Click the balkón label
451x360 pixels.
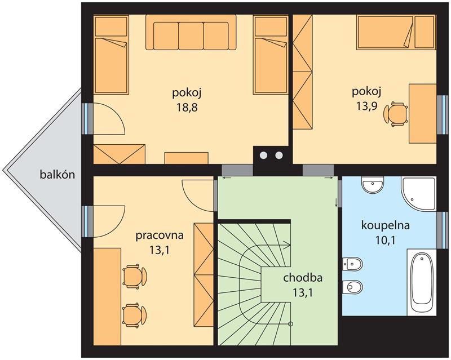click(x=58, y=174)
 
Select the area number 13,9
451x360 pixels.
click(x=367, y=106)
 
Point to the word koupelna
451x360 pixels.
click(x=386, y=225)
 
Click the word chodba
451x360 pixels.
click(x=303, y=278)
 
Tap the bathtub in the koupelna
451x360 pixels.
click(x=422, y=282)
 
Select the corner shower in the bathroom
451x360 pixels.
click(x=418, y=194)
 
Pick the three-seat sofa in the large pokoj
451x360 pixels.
click(x=191, y=33)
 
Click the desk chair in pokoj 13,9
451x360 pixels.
click(x=396, y=114)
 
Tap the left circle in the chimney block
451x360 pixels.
click(x=263, y=155)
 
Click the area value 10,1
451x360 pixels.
click(x=385, y=240)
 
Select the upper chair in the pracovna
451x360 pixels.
click(x=134, y=275)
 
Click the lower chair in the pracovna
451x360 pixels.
click(x=134, y=314)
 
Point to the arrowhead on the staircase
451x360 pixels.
click(x=288, y=245)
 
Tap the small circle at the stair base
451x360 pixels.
click(x=290, y=324)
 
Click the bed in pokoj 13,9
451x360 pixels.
click(x=386, y=32)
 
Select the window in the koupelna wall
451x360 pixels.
click(x=443, y=230)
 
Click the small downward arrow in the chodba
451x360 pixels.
click(x=336, y=202)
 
